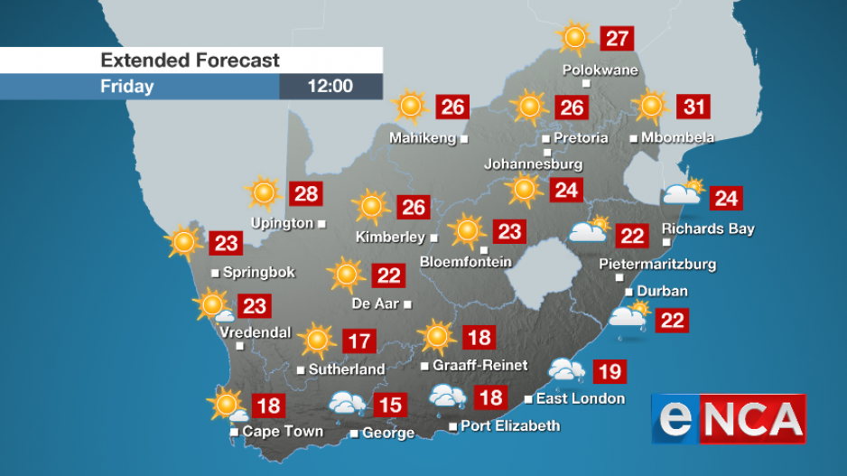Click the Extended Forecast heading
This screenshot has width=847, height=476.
click(x=191, y=61)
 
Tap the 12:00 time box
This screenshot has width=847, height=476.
click(x=330, y=87)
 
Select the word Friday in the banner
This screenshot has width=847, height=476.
click(x=127, y=87)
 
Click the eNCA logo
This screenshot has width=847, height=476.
click(x=729, y=418)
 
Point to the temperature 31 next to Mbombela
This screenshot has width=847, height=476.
click(x=693, y=107)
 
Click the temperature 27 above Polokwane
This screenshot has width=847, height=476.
click(x=618, y=39)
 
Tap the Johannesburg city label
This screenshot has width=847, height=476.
click(x=533, y=164)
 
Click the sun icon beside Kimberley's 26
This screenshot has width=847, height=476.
click(x=370, y=207)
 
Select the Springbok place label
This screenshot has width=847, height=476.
click(x=258, y=272)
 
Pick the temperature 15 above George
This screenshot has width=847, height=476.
click(x=389, y=404)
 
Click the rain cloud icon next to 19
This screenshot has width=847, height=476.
click(x=567, y=370)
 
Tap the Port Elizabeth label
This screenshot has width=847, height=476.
click(x=510, y=425)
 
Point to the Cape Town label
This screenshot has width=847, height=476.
click(x=283, y=432)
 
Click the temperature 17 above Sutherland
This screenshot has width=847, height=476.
click(x=359, y=341)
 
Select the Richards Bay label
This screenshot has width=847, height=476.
click(x=708, y=229)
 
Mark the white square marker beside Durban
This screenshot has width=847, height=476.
click(x=629, y=292)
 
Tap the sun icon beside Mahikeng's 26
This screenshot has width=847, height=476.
click(x=410, y=107)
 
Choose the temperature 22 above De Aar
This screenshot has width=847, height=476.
click(x=389, y=275)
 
